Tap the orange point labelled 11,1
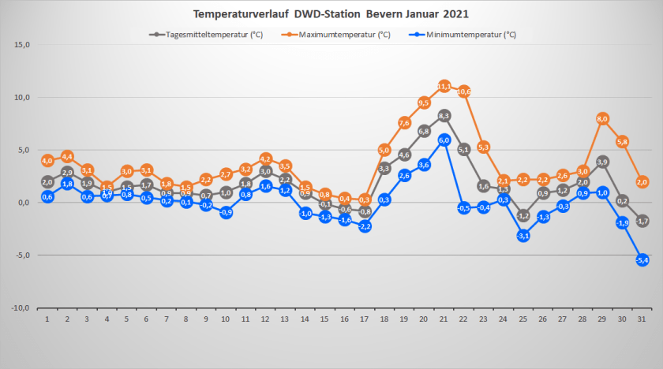coord(444,86)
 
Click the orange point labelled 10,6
coord(464,91)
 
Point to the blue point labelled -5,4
coord(642,259)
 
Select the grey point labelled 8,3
coord(444,115)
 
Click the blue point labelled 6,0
coord(444,140)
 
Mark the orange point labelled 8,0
coord(603,118)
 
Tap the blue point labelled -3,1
coord(523,235)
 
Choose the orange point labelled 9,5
coord(424,102)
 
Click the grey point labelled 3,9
coord(603,162)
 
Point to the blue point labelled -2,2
coord(365,226)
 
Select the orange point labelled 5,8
coord(623,142)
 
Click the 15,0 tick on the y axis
coord(22,45)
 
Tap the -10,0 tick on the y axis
coord(21,308)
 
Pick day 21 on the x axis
coord(444,319)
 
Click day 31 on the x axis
coord(642,319)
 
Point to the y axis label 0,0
coord(24,203)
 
